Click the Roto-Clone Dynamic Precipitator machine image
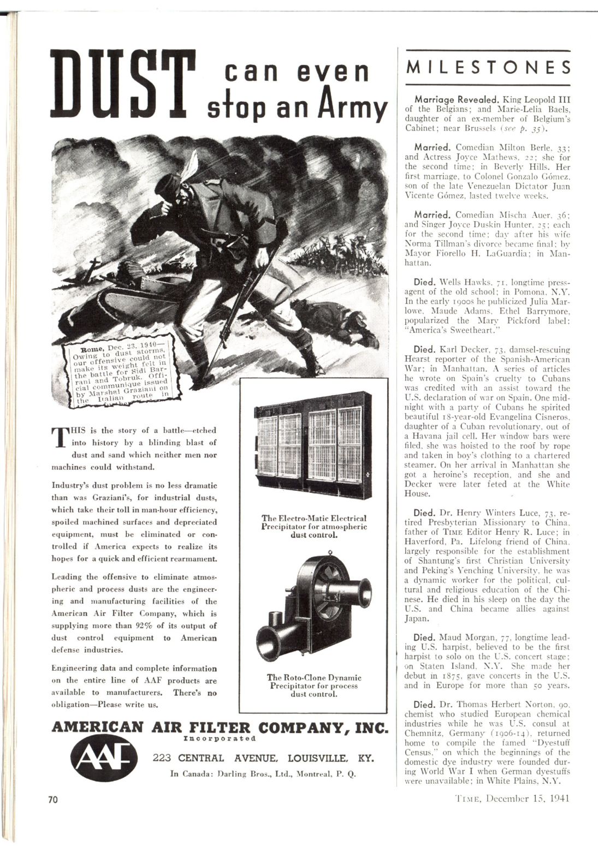pyautogui.click(x=314, y=607)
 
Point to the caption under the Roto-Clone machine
pyautogui.click(x=314, y=686)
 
